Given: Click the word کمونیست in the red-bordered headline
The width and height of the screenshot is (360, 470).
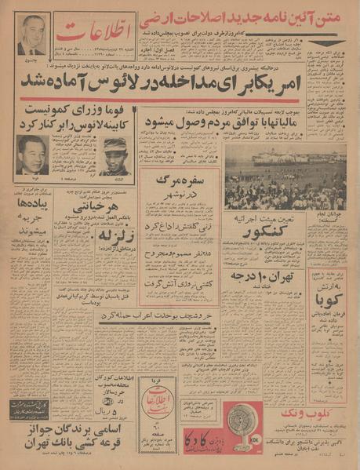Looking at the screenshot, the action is pyautogui.click(x=52, y=111).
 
